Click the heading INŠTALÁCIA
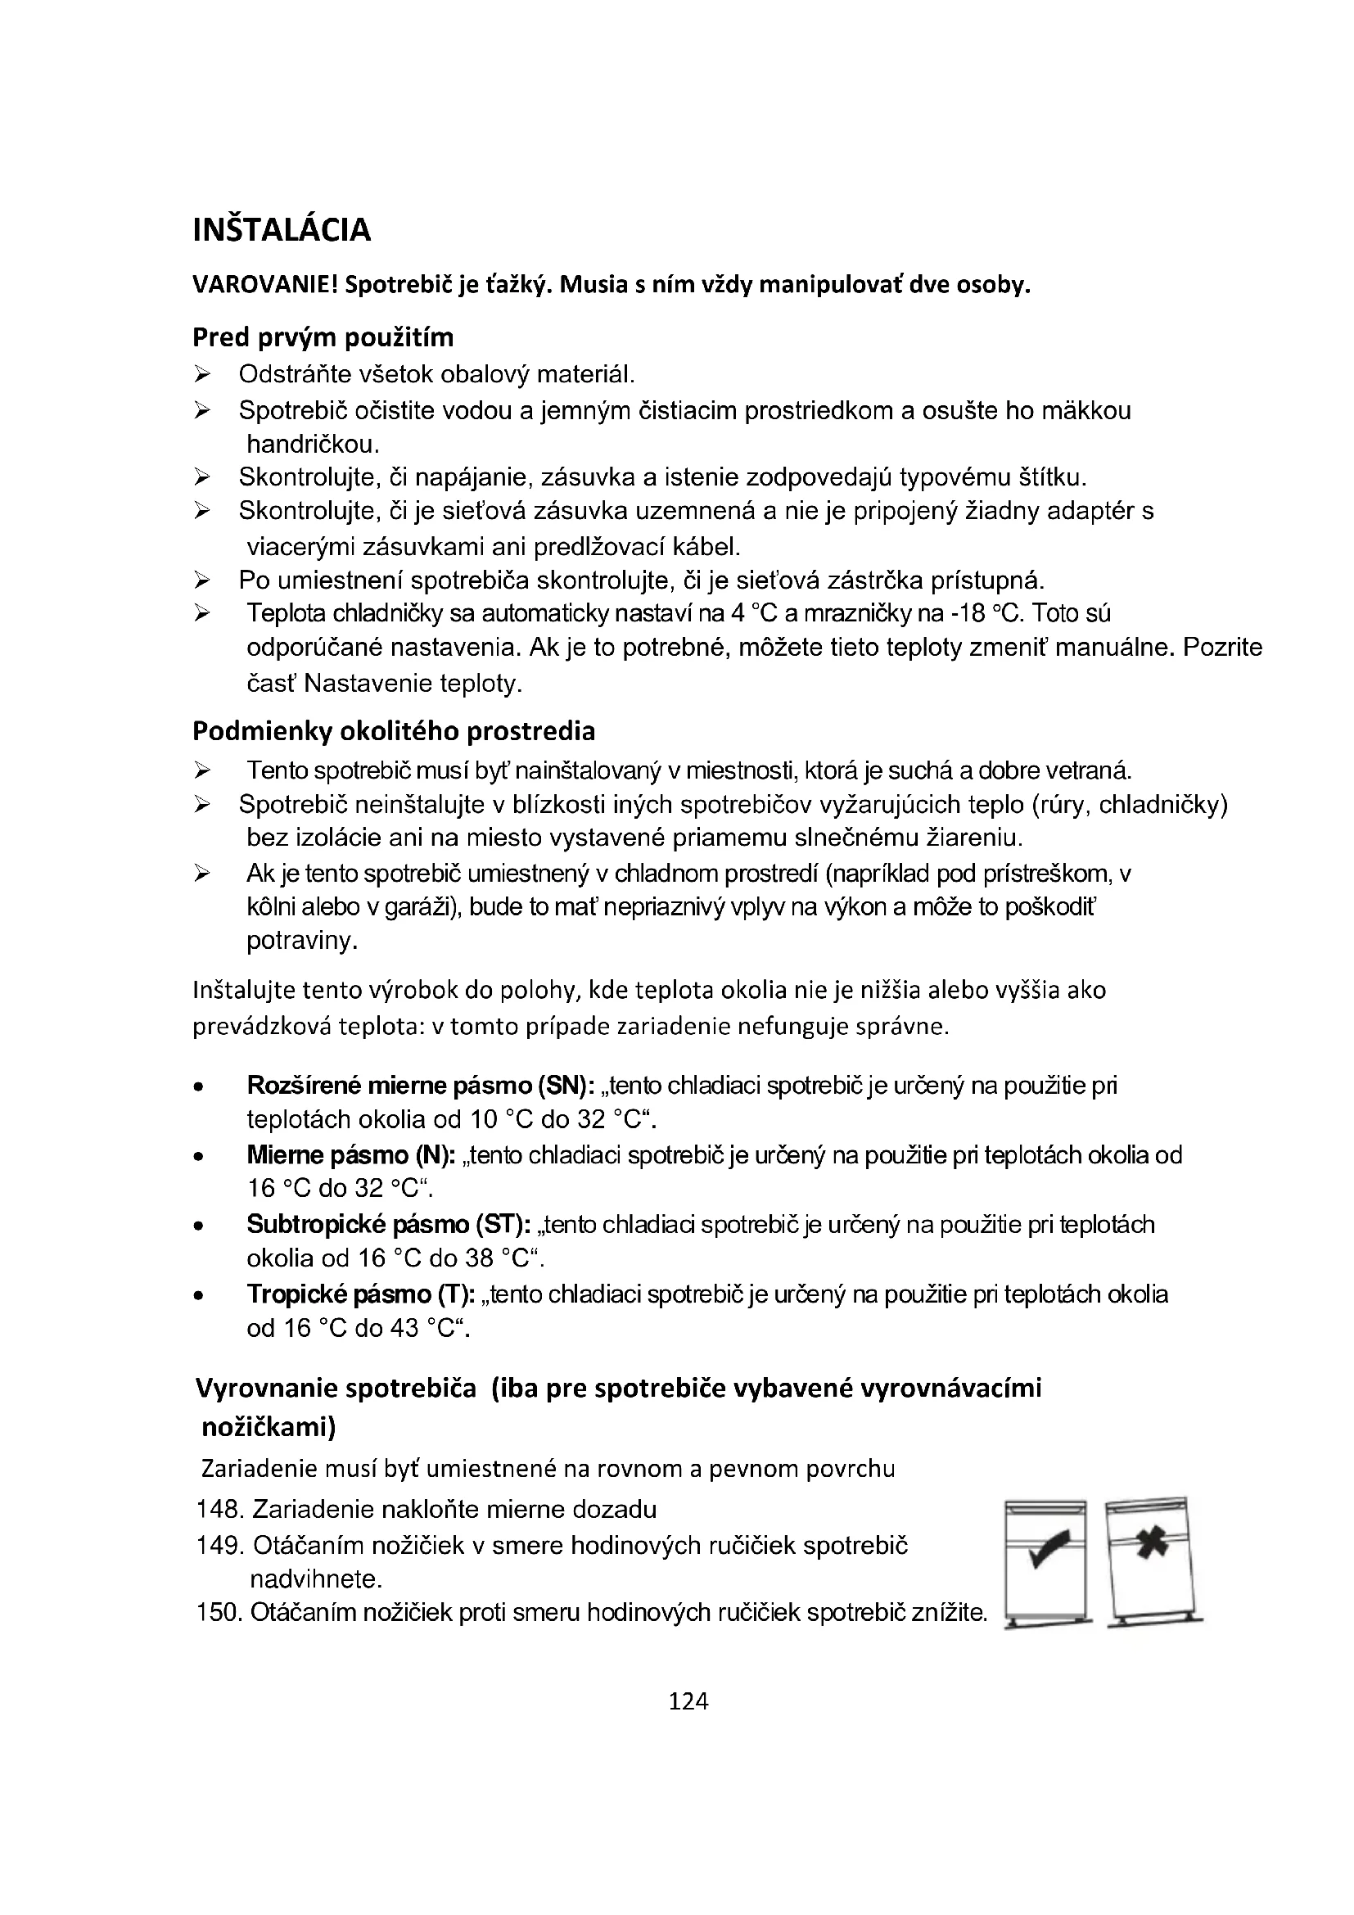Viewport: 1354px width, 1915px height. [281, 230]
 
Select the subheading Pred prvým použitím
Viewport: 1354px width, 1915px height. [323, 337]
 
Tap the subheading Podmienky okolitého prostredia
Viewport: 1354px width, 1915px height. [394, 730]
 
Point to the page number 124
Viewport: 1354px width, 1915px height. [688, 1700]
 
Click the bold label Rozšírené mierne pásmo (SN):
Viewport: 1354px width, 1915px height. [420, 1085]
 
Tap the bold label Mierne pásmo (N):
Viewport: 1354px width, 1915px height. [351, 1155]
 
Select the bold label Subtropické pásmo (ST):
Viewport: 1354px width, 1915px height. [389, 1224]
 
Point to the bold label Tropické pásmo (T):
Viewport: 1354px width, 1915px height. [360, 1294]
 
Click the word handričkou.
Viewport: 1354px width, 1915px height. [313, 444]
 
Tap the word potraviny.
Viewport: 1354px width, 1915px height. [302, 941]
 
